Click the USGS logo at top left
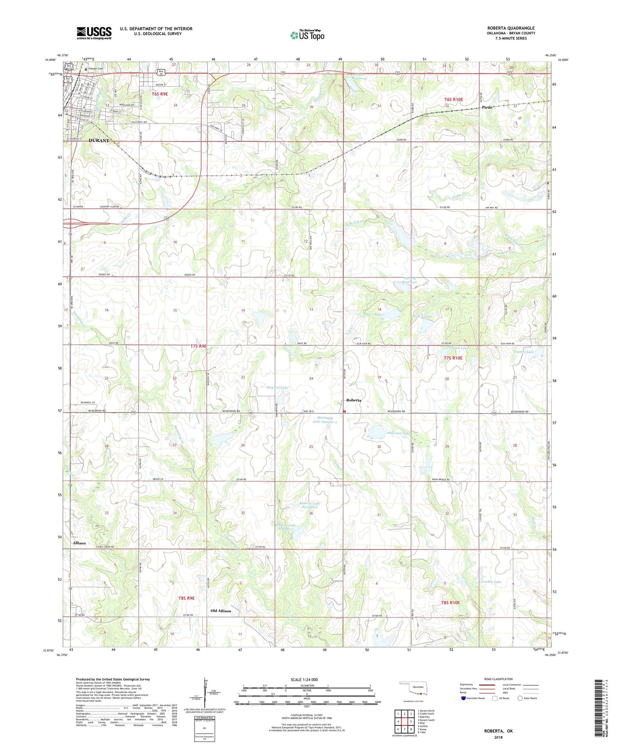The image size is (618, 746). (94, 32)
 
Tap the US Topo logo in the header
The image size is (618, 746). (307, 35)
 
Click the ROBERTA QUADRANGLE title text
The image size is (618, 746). (511, 28)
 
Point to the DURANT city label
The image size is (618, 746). (99, 141)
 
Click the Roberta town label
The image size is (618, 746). (354, 400)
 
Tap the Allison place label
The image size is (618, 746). (79, 543)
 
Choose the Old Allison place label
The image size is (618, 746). (221, 611)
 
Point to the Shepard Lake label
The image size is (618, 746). (277, 388)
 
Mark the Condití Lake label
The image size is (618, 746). (491, 582)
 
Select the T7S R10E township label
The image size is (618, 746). (453, 358)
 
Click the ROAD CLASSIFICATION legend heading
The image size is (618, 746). (498, 679)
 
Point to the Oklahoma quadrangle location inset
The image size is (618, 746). (413, 690)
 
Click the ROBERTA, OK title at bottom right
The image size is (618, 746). (498, 731)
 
